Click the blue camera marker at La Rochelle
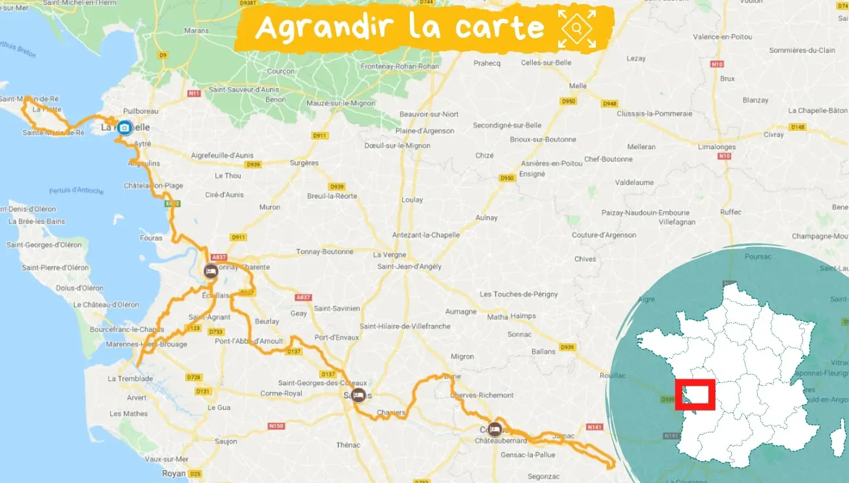point(124,127)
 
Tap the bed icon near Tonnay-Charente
point(210,271)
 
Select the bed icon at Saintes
point(358,395)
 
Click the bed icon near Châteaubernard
point(495,428)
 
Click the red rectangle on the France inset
point(695,395)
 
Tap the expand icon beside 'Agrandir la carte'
point(577,28)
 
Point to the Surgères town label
point(304,163)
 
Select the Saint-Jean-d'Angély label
point(409,266)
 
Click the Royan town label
point(174,473)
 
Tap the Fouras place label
point(151,238)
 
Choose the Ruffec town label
point(731,212)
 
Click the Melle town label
point(578,86)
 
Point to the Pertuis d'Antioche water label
point(77,191)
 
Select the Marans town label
point(196,30)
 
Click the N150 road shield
point(276,426)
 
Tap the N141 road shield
point(595,427)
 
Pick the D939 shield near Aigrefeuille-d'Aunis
point(253,164)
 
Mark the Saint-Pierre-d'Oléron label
point(55,267)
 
